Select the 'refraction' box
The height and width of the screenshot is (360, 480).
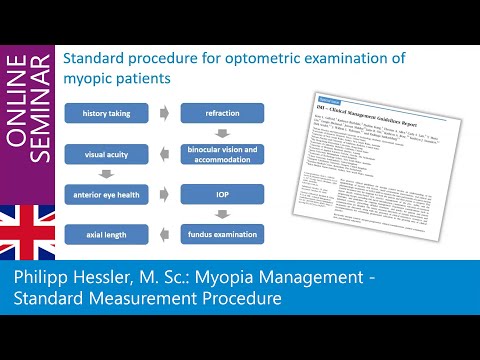(222, 113)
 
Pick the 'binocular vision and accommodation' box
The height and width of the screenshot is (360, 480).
(222, 154)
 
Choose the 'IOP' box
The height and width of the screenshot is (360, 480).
(222, 194)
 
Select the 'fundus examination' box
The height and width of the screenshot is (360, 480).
(222, 235)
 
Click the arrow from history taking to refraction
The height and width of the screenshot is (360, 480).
(165, 113)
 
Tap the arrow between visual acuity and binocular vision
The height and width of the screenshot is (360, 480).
(165, 154)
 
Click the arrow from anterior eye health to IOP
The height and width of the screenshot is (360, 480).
(165, 194)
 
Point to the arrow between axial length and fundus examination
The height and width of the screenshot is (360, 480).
(165, 235)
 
